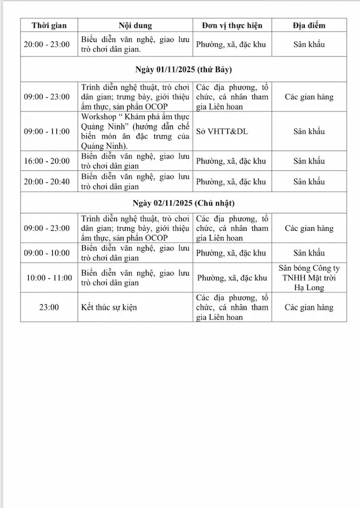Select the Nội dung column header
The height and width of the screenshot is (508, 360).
point(135,26)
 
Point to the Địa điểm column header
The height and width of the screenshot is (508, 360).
point(309,26)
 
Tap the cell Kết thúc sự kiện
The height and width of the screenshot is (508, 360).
point(109,308)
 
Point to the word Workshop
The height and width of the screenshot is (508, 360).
point(100,116)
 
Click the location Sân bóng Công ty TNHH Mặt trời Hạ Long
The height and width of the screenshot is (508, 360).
point(309,278)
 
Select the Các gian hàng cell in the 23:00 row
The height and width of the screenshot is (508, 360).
point(309,308)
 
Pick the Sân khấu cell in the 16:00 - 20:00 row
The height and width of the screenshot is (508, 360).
point(309,161)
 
